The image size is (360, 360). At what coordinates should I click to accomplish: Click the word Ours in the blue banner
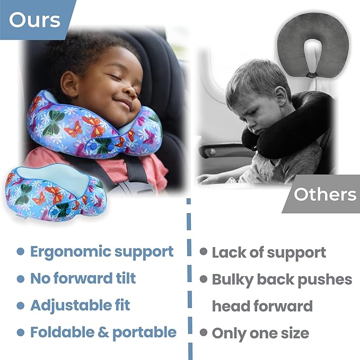[x=34, y=20]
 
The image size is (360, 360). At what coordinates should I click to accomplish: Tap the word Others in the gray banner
[x=325, y=194]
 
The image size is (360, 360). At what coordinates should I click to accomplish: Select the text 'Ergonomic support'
[x=102, y=251]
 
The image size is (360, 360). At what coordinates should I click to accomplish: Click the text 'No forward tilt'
[x=83, y=278]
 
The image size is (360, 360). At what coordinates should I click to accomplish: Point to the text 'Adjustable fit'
[x=80, y=305]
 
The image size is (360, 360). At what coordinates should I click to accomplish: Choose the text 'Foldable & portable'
[x=103, y=332]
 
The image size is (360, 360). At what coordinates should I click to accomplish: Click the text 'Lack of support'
[x=269, y=253]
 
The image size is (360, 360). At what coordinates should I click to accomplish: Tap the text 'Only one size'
[x=260, y=333]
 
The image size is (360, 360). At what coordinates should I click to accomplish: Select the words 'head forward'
[x=262, y=306]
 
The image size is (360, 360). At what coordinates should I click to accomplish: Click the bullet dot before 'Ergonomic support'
[x=20, y=252]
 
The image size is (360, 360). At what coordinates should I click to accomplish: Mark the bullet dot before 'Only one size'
[x=203, y=333]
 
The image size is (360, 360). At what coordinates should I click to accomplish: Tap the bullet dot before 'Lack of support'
[x=203, y=252]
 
